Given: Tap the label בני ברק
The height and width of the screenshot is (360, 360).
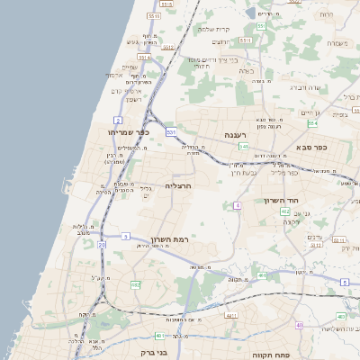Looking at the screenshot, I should (x=155, y=353).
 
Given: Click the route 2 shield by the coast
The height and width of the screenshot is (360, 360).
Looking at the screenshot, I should (x=118, y=120).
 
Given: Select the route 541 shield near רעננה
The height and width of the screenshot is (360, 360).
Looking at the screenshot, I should (x=243, y=147).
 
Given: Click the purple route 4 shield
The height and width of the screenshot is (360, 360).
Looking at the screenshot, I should (x=238, y=205).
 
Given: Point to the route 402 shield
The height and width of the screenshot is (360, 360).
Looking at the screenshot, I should (x=284, y=211).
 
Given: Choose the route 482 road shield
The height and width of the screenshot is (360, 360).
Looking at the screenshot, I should (x=136, y=284).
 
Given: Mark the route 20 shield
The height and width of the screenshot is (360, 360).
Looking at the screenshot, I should (x=102, y=245).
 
